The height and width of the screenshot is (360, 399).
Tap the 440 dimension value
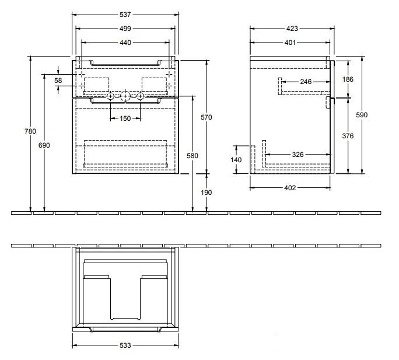125,42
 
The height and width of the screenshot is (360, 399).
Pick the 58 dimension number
58,81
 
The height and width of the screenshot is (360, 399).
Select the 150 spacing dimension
125,119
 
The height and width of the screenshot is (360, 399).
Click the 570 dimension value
206,117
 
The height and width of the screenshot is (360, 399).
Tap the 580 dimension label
192,156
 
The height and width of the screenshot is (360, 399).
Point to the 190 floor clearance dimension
206,192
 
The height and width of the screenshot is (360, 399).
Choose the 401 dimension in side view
290,42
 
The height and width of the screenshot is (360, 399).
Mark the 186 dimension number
349,79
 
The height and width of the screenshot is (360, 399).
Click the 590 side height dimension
362,116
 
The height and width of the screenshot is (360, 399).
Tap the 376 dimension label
349,136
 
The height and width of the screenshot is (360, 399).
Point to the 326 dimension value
298,154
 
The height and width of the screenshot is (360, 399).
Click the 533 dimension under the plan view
125,346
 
